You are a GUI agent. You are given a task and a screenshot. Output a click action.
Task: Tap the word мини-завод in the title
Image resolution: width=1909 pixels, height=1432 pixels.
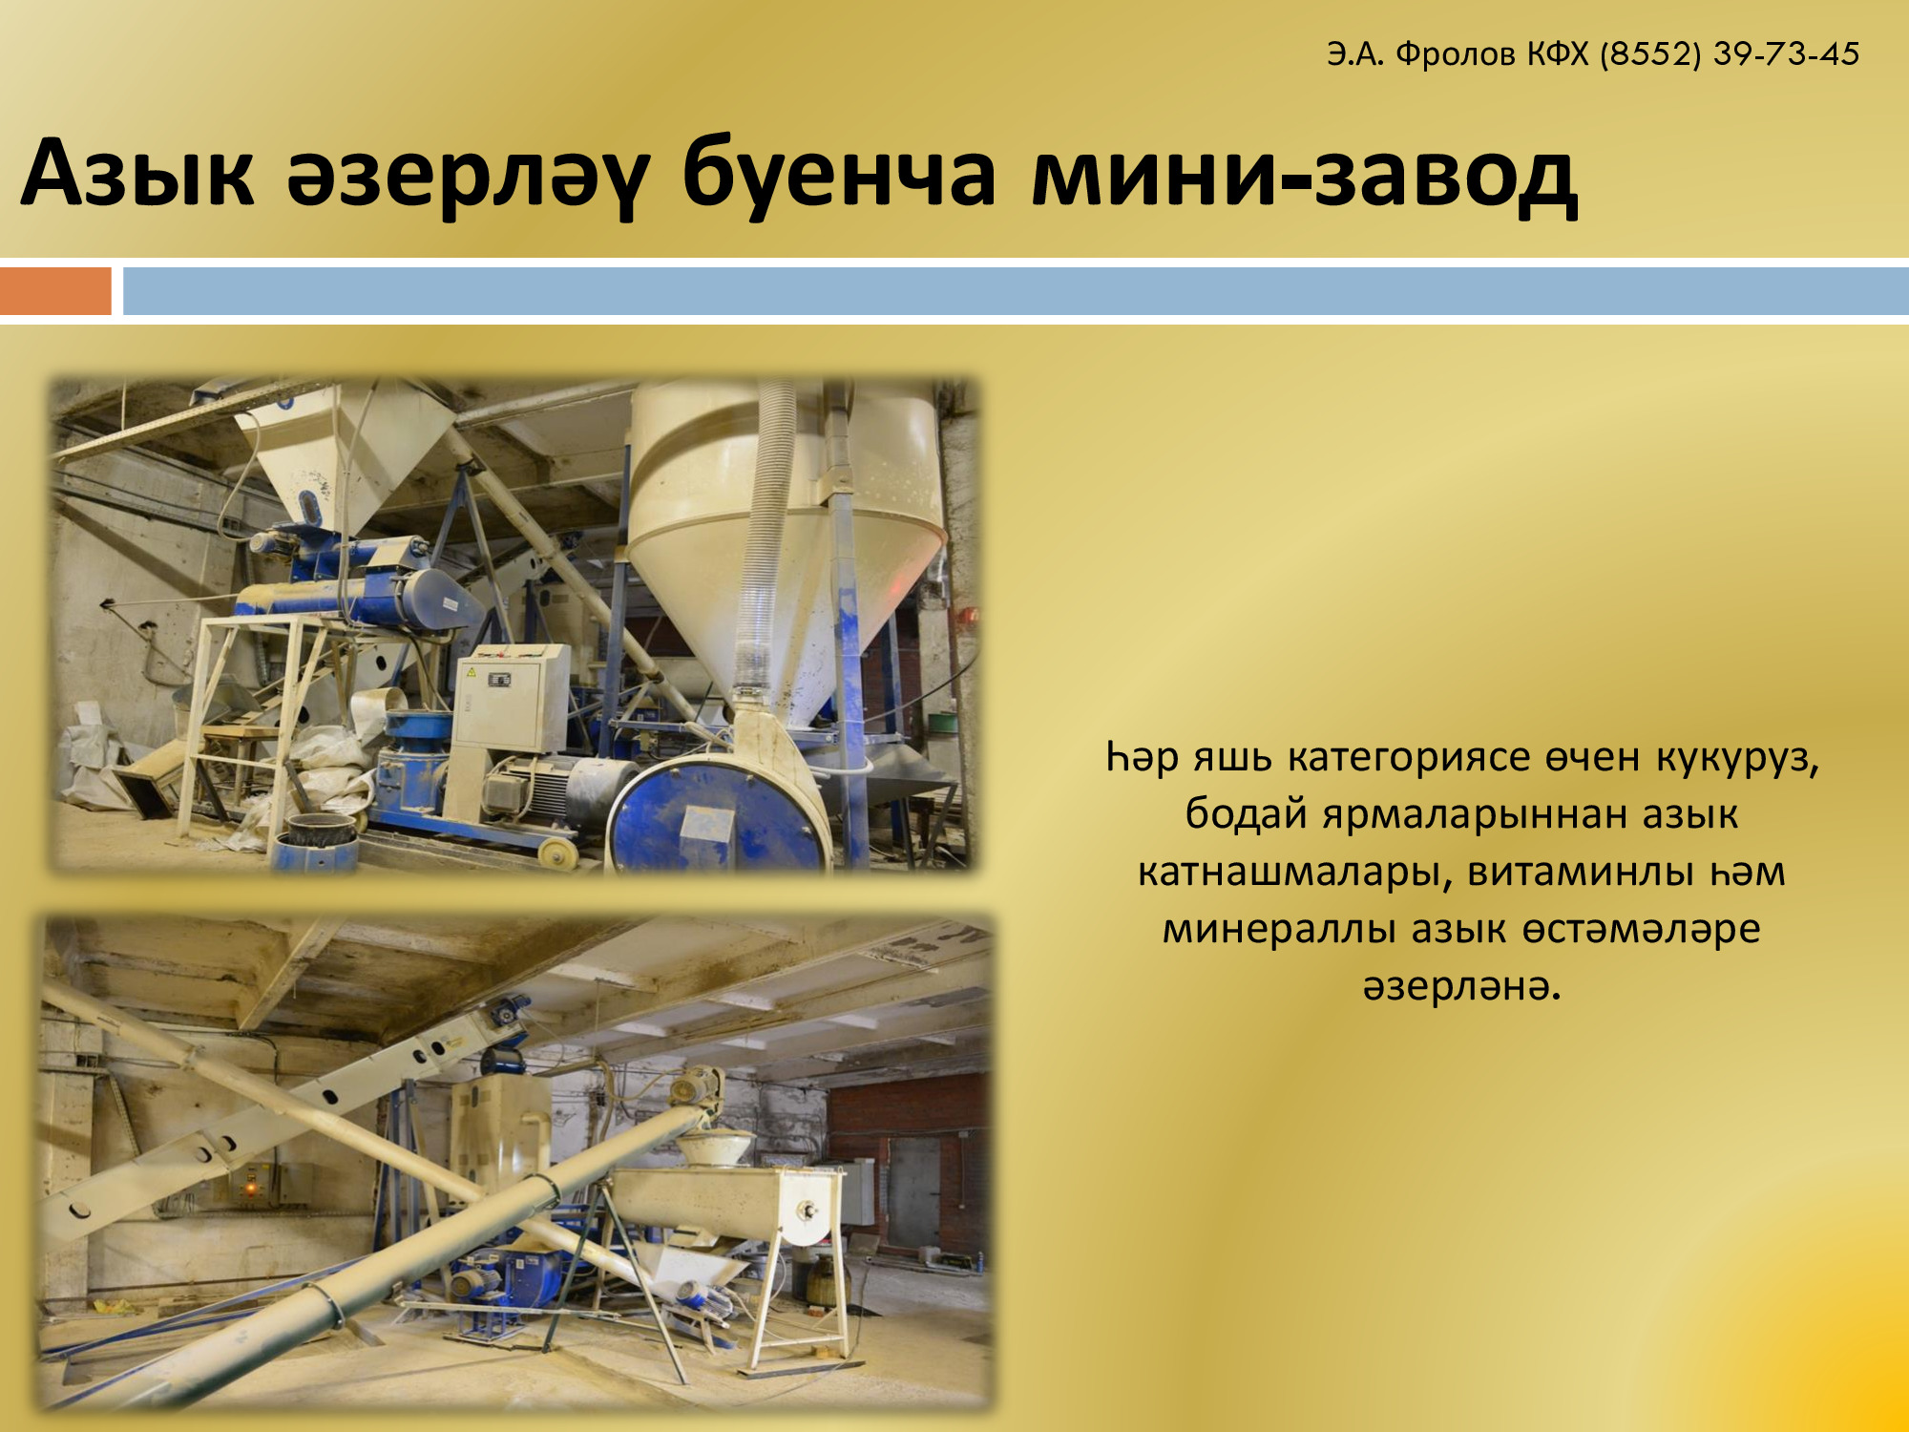click(1305, 176)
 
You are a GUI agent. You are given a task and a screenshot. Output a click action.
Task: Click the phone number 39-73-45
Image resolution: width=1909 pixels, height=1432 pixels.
click(1786, 53)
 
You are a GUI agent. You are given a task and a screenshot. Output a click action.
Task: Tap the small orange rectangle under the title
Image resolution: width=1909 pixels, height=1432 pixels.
click(55, 290)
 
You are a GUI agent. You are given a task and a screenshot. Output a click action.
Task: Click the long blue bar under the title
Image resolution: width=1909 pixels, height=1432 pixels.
click(1016, 290)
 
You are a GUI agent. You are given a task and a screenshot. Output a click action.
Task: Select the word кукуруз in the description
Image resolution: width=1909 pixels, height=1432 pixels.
click(1737, 758)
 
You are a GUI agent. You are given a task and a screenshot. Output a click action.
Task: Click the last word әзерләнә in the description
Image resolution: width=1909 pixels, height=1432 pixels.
click(1461, 987)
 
